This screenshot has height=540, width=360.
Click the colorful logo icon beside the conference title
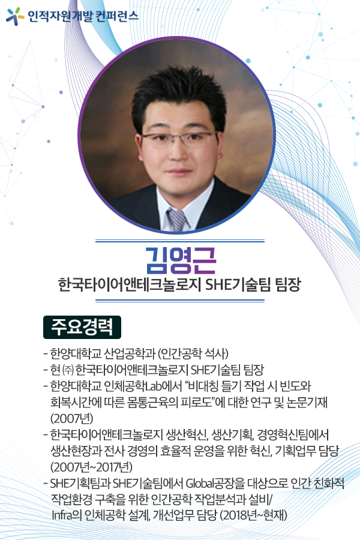[x=15, y=16]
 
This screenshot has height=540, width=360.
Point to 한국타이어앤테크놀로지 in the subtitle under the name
[x=130, y=285]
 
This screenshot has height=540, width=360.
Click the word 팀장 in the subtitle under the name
[x=288, y=285]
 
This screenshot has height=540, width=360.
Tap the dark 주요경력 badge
[x=82, y=327]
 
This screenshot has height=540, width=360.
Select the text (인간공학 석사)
[x=193, y=353]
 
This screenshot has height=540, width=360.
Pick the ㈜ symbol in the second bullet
[x=68, y=370]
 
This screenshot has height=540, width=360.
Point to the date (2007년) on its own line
[x=71, y=418]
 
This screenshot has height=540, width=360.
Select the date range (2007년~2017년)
[x=91, y=467]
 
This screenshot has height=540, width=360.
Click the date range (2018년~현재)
[x=254, y=515]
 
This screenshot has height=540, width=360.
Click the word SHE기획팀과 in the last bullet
[x=80, y=483]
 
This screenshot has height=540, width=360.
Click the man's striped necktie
[x=177, y=220]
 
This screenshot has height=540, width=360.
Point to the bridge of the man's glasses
[x=179, y=137]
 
